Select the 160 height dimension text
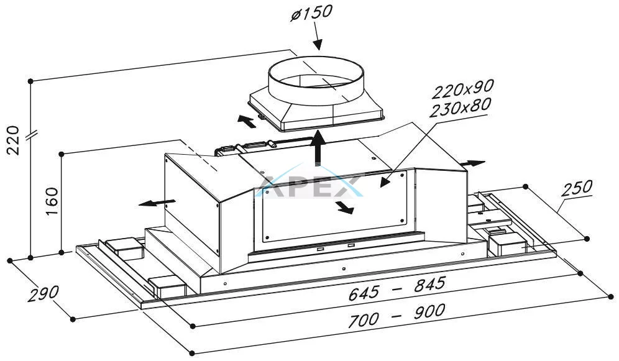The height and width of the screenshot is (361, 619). click(52, 201)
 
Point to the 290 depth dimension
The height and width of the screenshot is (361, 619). click(43, 293)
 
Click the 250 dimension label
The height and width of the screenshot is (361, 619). click(577, 189)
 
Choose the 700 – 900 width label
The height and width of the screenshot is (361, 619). click(397, 315)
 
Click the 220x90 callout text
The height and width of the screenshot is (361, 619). click(462, 89)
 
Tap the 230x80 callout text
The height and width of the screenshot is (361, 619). click(460, 107)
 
